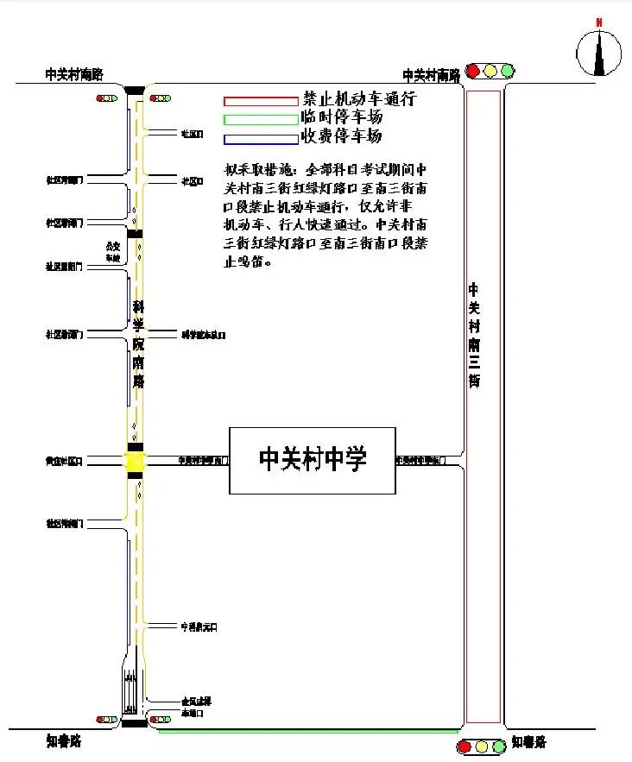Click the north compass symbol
pyautogui.click(x=599, y=51)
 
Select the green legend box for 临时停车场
pyautogui.click(x=260, y=120)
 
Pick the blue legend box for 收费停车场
pyautogui.click(x=260, y=139)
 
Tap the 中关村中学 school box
pyautogui.click(x=313, y=460)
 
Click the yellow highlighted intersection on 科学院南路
pyautogui.click(x=136, y=462)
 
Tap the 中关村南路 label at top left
pyautogui.click(x=74, y=74)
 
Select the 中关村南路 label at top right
pyautogui.click(x=432, y=75)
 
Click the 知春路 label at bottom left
pyautogui.click(x=64, y=740)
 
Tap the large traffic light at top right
pyautogui.click(x=490, y=71)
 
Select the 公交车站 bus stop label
pyautogui.click(x=111, y=251)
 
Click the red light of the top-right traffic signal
pyautogui.click(x=473, y=71)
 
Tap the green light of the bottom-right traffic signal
pyautogui.click(x=498, y=746)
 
